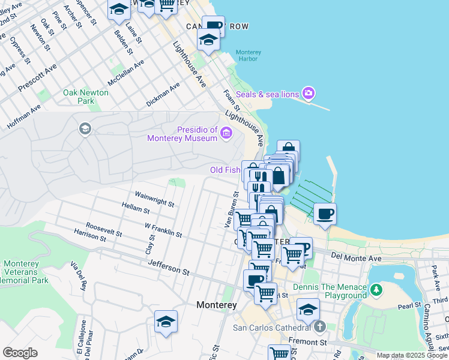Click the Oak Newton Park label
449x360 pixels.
pos(86,97)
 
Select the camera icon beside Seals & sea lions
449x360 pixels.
pos(309,93)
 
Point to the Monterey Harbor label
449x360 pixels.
pos(249,56)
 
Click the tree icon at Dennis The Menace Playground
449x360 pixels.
pos(376,290)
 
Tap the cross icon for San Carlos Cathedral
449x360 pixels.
pos(321,328)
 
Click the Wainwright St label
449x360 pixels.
pos(154,199)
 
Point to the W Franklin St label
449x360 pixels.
pos(163,229)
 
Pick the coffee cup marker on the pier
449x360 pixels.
pos(325,214)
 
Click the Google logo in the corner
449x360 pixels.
pos(20,353)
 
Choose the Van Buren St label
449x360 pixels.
pos(229,211)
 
